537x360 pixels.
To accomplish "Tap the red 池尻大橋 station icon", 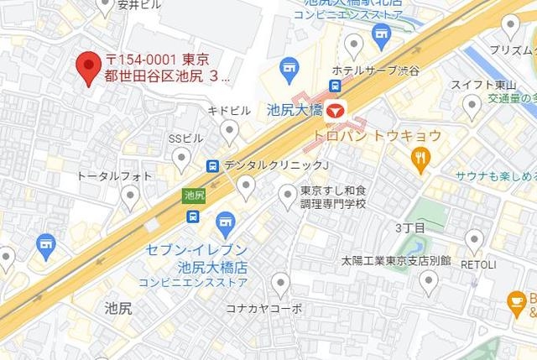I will (x=336, y=109).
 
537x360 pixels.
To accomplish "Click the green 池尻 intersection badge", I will (x=193, y=195).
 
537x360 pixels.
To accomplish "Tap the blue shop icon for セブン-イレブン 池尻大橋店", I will (x=224, y=222).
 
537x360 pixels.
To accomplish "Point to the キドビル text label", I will (x=229, y=111).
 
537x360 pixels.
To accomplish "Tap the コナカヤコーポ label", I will (x=263, y=308).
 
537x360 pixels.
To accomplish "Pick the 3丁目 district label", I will (x=409, y=227).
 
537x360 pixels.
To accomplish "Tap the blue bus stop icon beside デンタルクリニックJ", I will (x=213, y=165).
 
